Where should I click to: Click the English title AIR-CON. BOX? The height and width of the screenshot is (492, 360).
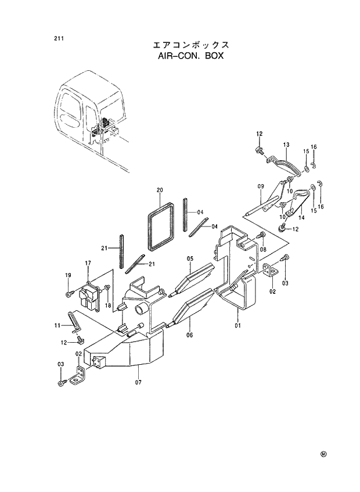point(190,57)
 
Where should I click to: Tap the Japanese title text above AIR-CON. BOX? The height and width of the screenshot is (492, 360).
point(190,45)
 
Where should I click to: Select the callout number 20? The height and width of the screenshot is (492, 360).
point(160,190)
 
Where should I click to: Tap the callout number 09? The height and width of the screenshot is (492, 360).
point(261,187)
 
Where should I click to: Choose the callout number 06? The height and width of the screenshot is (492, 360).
point(189,335)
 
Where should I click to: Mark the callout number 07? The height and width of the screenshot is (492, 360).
point(138,382)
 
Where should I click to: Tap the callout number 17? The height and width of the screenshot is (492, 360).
point(88,264)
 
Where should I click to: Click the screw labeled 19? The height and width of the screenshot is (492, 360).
point(69,294)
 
